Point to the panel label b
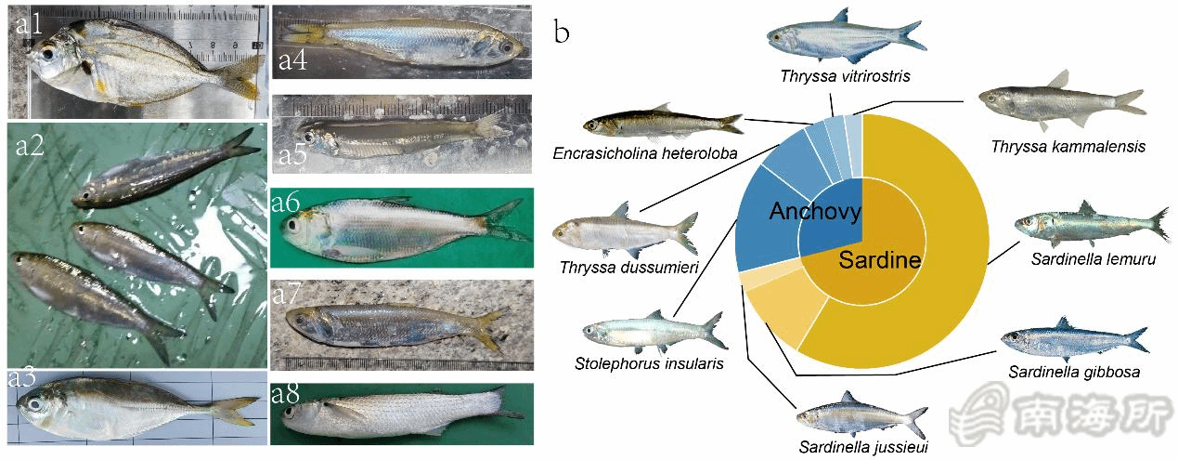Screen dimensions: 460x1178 562,33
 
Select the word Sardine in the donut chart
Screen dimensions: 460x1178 879,261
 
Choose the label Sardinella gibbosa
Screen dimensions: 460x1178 1074,372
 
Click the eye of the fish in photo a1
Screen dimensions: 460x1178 44,54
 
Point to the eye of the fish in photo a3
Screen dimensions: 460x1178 36,404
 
